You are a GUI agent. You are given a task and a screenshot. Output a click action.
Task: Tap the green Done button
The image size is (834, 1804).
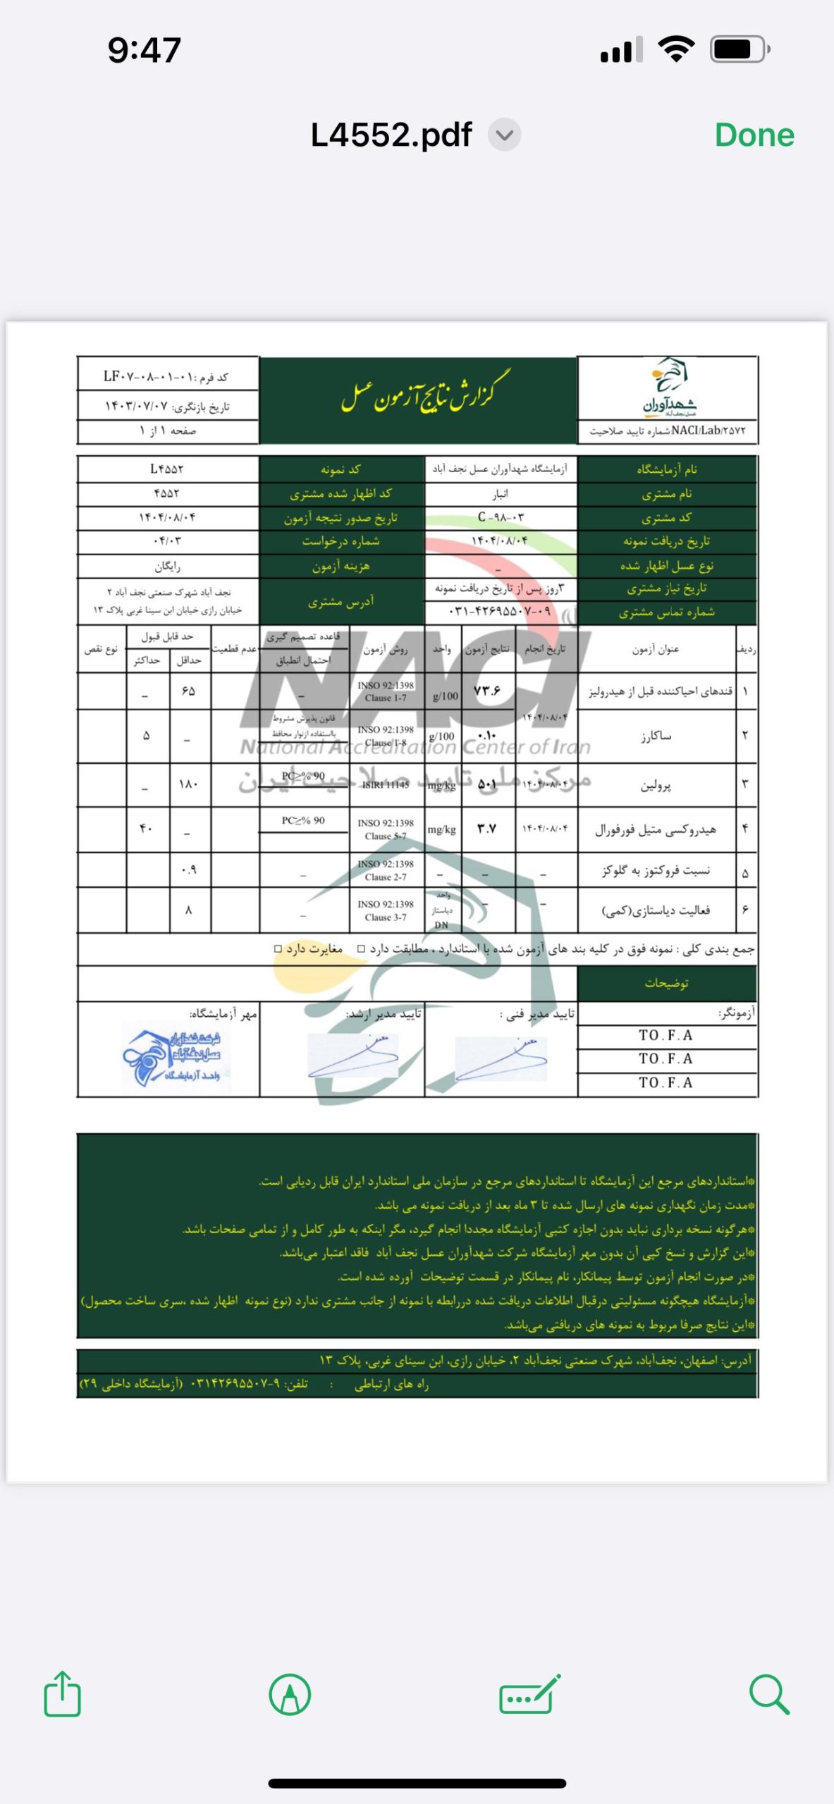point(754,135)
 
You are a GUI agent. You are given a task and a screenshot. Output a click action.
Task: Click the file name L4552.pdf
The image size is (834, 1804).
point(391,135)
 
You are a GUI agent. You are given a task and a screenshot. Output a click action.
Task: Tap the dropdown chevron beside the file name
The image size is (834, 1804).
point(505,135)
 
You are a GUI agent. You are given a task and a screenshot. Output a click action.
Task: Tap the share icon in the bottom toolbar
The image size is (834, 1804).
point(62,1694)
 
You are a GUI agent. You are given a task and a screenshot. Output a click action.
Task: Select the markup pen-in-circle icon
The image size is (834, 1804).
point(290,1694)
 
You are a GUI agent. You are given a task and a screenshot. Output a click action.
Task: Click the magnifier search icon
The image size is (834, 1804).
point(768,1694)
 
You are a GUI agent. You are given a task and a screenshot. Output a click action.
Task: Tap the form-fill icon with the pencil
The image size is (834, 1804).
point(529,1694)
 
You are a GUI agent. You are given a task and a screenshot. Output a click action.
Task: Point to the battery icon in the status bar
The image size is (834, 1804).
point(740,49)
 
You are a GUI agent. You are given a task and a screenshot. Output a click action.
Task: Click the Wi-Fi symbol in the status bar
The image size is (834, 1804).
point(675,49)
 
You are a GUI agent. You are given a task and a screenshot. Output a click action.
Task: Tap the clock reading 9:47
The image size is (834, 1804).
point(145,50)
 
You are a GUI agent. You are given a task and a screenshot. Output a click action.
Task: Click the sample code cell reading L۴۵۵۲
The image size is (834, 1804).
point(167,469)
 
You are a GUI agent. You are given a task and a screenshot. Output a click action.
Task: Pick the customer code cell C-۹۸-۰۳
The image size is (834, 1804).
point(501,517)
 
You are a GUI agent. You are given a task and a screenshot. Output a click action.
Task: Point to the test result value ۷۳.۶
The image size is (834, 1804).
point(487,691)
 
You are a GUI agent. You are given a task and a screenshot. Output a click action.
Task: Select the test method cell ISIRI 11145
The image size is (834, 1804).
point(385,784)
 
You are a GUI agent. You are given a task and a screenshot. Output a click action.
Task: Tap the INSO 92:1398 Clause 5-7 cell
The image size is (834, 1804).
point(385,829)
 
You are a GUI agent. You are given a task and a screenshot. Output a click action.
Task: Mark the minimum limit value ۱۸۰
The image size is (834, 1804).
point(188,784)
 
